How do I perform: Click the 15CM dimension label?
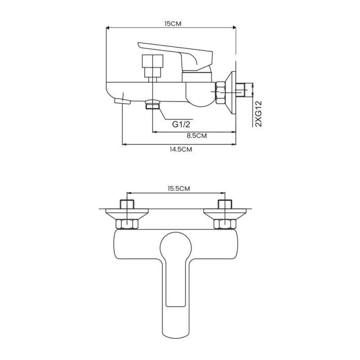173,23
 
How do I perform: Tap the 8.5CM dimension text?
197,135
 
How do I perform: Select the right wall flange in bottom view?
225,213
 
